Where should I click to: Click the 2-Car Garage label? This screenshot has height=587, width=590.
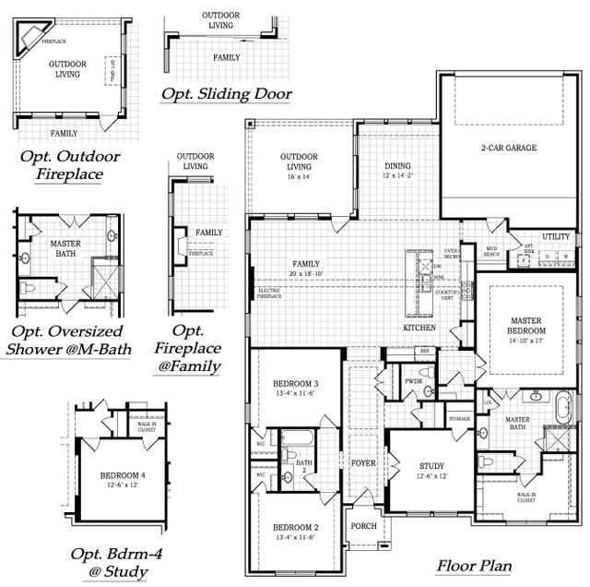pyautogui.click(x=508, y=148)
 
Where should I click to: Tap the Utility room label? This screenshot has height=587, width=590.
pyautogui.click(x=556, y=236)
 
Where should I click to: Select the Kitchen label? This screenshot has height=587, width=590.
pyautogui.click(x=419, y=328)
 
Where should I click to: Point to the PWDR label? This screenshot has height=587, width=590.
pyautogui.click(x=413, y=380)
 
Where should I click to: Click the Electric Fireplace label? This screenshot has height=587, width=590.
pyautogui.click(x=268, y=293)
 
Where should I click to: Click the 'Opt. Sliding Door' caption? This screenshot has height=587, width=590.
pyautogui.click(x=226, y=93)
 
